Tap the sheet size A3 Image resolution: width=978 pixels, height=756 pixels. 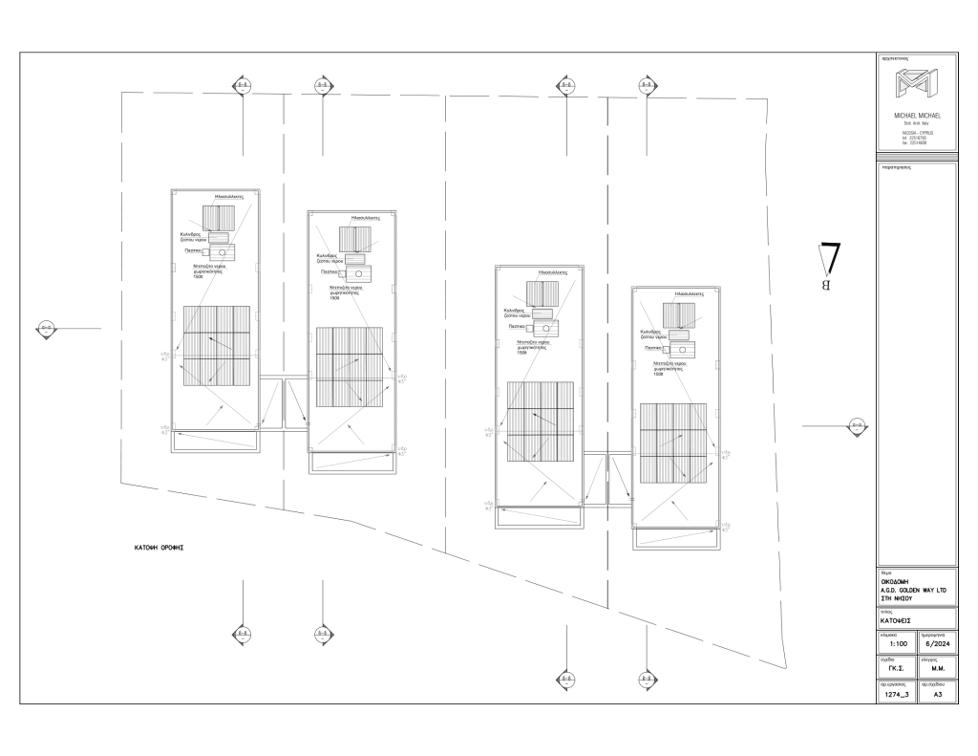pos(938,696)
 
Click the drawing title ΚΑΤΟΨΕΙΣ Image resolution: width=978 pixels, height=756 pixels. pos(899,618)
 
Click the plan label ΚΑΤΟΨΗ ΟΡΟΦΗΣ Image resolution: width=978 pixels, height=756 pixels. pos(159,549)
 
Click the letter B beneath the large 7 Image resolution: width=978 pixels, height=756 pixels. pos(827,285)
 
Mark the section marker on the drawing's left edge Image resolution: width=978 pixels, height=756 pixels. pos(45,328)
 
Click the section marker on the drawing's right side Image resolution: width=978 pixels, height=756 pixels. pos(857,425)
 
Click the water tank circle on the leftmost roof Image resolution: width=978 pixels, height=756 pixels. pos(223,251)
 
